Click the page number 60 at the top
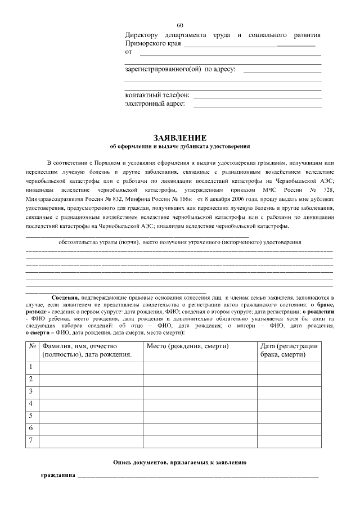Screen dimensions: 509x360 [x=180, y=26]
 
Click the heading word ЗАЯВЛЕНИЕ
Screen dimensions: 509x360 [x=180, y=138]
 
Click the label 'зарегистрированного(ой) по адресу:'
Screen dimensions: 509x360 [x=180, y=70]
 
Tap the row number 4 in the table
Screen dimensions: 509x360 [x=31, y=404]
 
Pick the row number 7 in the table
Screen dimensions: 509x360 [x=31, y=440]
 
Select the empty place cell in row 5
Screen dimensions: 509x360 [x=200, y=416]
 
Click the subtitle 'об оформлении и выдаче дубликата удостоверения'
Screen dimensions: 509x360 [x=180, y=146]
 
